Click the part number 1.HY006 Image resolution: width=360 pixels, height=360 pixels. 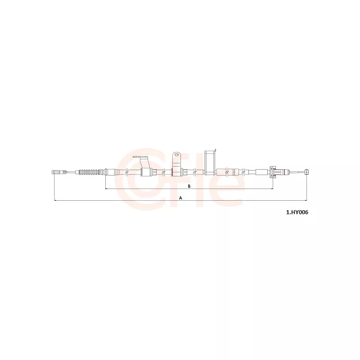(x=297, y=212)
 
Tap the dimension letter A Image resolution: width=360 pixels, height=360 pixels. (x=181, y=198)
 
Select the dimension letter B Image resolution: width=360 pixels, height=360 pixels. (x=189, y=186)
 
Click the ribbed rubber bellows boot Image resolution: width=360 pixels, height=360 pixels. (x=91, y=172)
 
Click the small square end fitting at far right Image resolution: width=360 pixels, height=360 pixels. (x=307, y=172)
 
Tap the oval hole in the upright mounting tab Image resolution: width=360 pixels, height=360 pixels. (x=176, y=154)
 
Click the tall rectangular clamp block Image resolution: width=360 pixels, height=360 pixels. (x=210, y=163)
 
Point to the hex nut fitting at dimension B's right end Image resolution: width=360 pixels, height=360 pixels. (x=273, y=172)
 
